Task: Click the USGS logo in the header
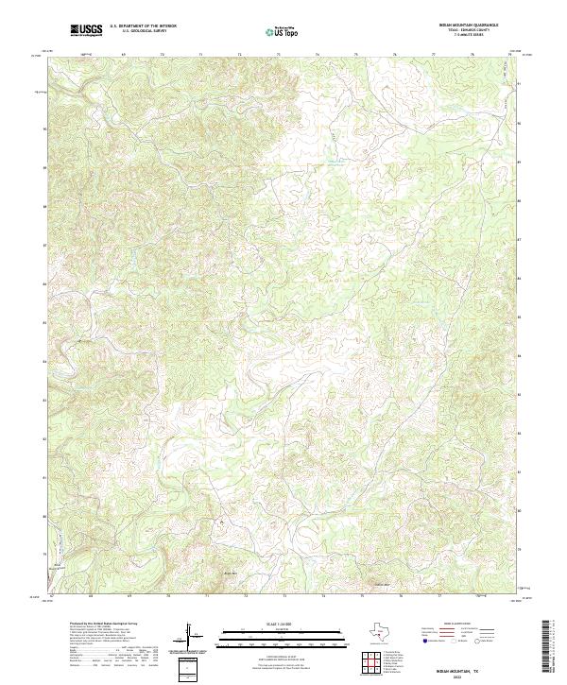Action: (x=87, y=31)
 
